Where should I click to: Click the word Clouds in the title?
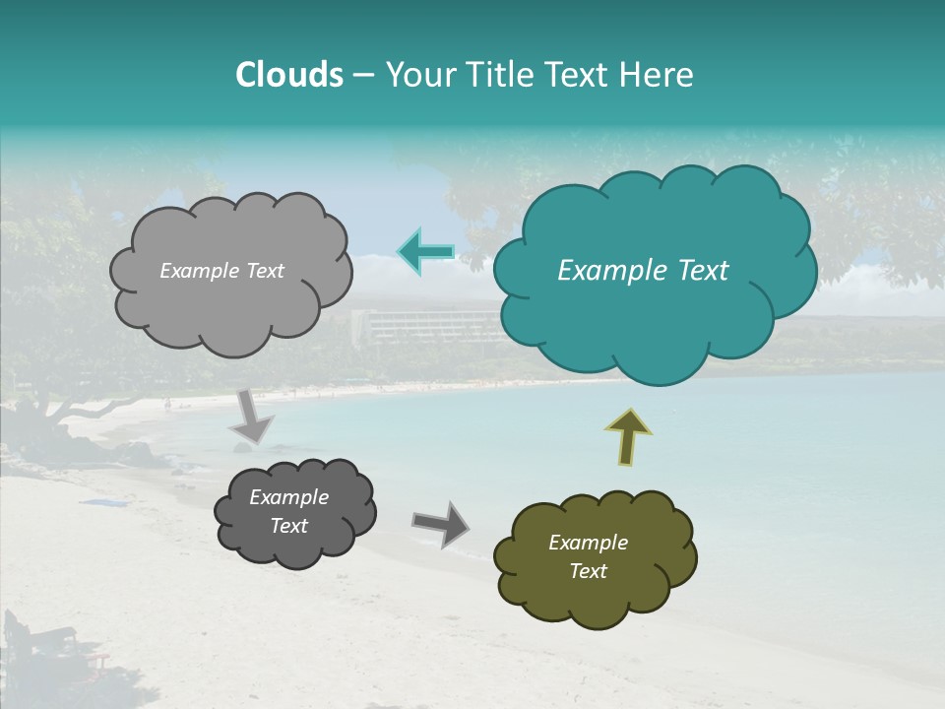(289, 75)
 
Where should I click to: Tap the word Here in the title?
(657, 75)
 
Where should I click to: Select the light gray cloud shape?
(230, 295)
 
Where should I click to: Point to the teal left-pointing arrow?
(425, 252)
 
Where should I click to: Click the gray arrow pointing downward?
(252, 417)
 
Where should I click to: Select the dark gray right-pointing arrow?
(440, 523)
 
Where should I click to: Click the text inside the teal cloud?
(643, 271)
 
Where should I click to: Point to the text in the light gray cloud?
(221, 271)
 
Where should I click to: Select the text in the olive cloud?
(588, 556)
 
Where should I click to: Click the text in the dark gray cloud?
(288, 511)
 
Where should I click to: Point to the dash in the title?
(362, 76)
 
